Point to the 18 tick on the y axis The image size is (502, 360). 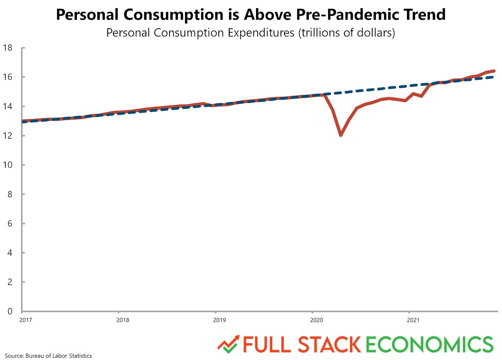pyautogui.click(x=8, y=48)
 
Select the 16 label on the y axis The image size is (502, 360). pyautogui.click(x=8, y=77)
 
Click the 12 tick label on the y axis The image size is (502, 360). pyautogui.click(x=8, y=136)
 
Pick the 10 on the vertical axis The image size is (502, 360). pyautogui.click(x=8, y=165)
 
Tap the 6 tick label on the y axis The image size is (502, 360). pyautogui.click(x=10, y=223)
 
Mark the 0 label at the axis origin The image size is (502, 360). pyautogui.click(x=10, y=311)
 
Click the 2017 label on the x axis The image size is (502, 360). pyautogui.click(x=26, y=320)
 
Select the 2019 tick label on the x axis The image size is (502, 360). pyautogui.click(x=219, y=320)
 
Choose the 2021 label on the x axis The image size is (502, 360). pyautogui.click(x=413, y=320)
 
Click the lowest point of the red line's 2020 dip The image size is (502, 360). pyautogui.click(x=341, y=135)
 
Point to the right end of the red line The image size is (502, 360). pyautogui.click(x=494, y=71)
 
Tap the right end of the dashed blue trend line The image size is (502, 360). pyautogui.click(x=493, y=77)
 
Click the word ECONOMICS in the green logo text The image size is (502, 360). pyautogui.click(x=430, y=344)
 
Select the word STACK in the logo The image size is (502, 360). pyautogui.click(x=329, y=344)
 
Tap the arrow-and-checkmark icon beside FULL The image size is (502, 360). pyautogui.click(x=228, y=344)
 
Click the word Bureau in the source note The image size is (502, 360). pyautogui.click(x=35, y=356)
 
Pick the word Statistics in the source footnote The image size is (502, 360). pyautogui.click(x=80, y=356)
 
